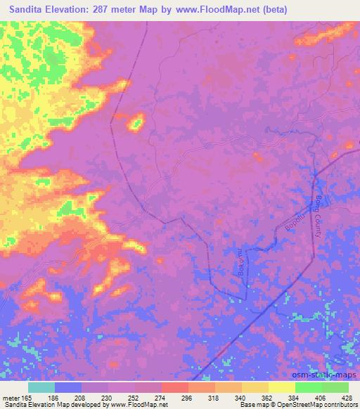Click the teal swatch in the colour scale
[41, 387]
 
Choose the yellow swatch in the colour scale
[281, 387]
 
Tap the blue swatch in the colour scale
[68, 387]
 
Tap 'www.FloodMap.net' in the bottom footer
[134, 405]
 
